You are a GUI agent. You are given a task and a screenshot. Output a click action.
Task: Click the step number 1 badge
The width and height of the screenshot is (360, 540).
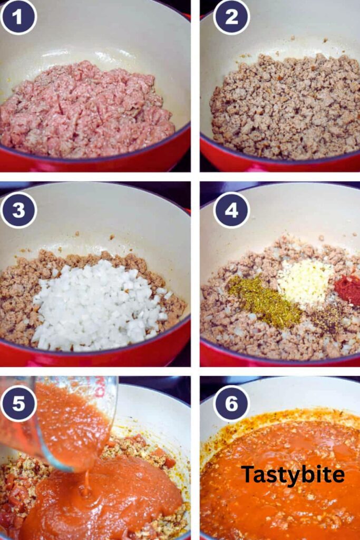point(18,17)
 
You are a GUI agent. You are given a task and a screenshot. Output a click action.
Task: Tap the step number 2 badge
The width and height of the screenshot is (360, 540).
point(231,17)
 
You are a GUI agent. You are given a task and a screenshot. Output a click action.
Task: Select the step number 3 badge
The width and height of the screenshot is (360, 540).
point(18,210)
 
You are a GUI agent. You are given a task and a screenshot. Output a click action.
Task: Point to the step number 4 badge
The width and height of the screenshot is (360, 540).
point(231,210)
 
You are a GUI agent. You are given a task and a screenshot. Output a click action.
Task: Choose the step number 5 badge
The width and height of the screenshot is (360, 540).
point(18,403)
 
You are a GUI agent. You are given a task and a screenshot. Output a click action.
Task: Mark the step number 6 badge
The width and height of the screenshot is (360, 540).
point(231,403)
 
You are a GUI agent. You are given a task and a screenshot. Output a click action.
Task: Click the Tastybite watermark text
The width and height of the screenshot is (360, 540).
point(293,475)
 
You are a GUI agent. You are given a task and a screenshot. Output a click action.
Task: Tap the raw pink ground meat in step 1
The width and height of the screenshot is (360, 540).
point(87,111)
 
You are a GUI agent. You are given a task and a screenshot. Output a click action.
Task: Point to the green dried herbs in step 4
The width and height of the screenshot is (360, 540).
point(264,301)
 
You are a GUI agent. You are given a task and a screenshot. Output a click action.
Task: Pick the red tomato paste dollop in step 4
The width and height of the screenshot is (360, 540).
point(348,289)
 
